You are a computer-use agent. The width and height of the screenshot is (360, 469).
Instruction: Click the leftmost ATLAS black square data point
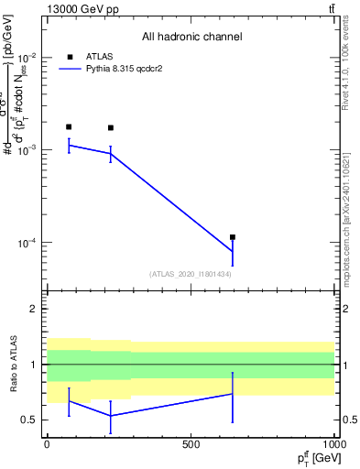[x=69, y=126]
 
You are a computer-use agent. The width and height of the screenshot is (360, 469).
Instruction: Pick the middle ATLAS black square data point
[x=111, y=128]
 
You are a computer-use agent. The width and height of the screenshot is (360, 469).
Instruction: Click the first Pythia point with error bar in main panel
[x=69, y=145]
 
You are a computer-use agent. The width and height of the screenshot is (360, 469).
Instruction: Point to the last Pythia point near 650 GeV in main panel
[x=233, y=252]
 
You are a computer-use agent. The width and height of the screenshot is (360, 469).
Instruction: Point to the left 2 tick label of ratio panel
[x=33, y=309]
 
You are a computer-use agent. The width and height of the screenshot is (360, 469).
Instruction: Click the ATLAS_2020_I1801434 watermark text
[x=191, y=274]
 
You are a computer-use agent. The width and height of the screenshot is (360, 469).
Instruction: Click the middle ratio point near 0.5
[x=111, y=416]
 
